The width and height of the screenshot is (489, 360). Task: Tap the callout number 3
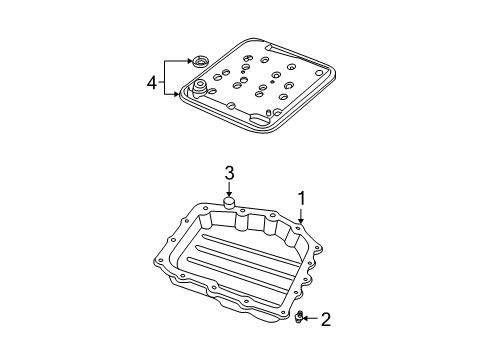point(229,174)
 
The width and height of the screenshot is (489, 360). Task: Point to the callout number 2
point(325,320)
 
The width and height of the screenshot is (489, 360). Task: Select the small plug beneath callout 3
point(228,206)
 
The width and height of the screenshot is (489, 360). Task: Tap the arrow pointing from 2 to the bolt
point(310,320)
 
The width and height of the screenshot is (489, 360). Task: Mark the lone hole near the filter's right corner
point(323,84)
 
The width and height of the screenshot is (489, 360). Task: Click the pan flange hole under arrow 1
point(298,228)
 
